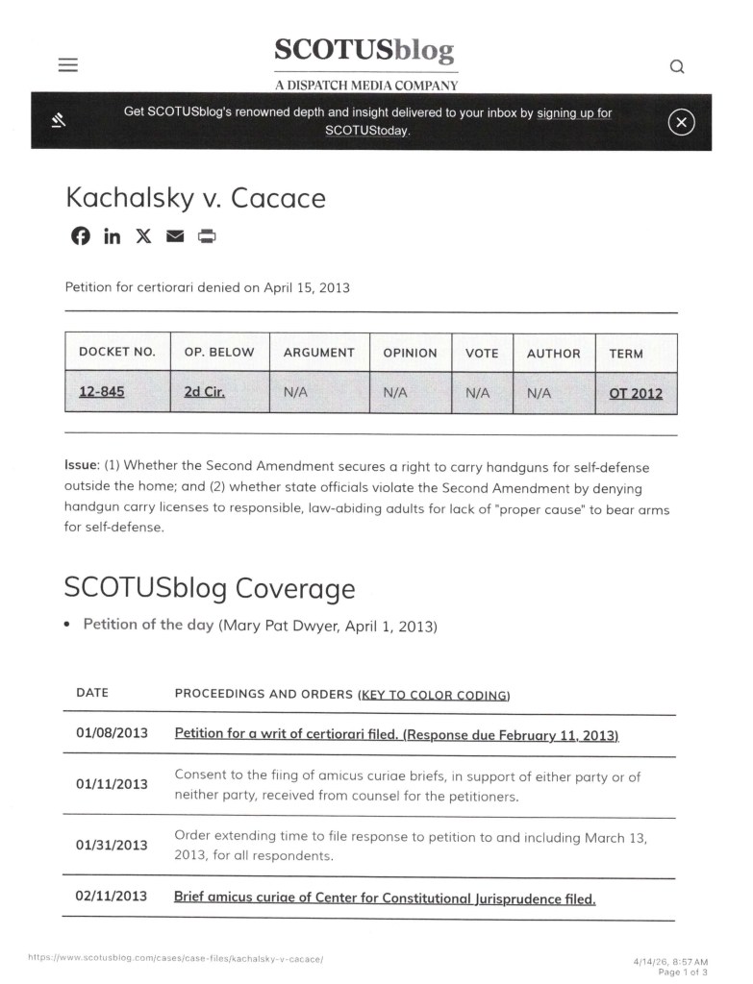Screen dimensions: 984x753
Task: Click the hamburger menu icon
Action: [x=67, y=65]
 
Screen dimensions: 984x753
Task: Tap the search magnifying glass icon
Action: [x=677, y=66]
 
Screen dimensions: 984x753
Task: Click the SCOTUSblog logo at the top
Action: [x=364, y=51]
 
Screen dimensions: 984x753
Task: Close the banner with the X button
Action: [x=681, y=122]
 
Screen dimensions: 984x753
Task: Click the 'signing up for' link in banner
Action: [x=574, y=113]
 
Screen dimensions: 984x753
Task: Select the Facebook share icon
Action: [x=81, y=236]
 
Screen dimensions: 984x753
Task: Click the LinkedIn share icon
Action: [x=113, y=236]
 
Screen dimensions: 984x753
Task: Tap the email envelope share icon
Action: [x=175, y=236]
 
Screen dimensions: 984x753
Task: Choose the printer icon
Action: [x=207, y=236]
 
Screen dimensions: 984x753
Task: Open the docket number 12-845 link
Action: [x=101, y=393]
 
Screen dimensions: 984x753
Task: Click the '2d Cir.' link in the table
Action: [x=204, y=393]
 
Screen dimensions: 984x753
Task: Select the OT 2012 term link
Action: [x=635, y=393]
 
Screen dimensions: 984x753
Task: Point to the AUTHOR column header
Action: [x=553, y=354]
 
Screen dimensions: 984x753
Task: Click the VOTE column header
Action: [x=482, y=354]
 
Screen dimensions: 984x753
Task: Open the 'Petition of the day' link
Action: [x=148, y=625]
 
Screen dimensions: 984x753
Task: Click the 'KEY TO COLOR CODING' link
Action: [x=435, y=695]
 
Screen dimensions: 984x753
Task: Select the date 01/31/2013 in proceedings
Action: [x=112, y=845]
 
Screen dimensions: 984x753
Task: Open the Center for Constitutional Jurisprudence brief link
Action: [x=385, y=898]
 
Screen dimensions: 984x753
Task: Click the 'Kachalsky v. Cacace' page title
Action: [x=195, y=198]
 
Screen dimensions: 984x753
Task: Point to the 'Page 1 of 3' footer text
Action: [x=683, y=972]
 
